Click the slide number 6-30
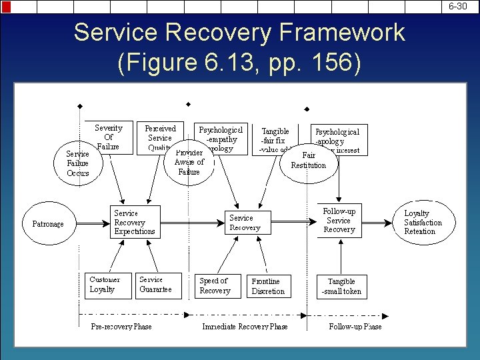tap(457, 6)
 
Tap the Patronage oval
tap(48, 224)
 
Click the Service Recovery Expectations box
tap(135, 223)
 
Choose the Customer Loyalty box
tap(105, 285)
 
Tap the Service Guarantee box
tap(158, 285)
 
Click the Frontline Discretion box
tap(269, 287)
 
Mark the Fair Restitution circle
tap(309, 161)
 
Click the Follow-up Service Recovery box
tap(339, 221)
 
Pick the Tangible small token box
tap(341, 287)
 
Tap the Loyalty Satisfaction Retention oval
tap(423, 223)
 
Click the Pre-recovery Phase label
tap(121, 327)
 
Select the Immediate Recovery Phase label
tap(245, 327)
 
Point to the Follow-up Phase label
tap(355, 327)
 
